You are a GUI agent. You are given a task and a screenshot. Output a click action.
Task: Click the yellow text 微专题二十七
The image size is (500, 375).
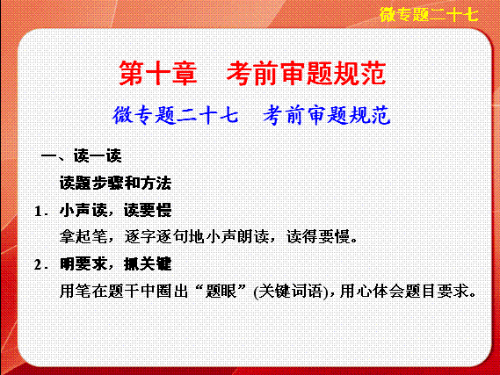coord(429,15)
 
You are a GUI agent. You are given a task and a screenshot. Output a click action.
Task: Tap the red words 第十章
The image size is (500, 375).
coord(158,74)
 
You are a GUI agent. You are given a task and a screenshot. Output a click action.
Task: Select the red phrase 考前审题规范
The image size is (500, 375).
coord(306,74)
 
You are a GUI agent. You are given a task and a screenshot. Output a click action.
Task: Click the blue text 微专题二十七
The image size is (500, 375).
coord(176,115)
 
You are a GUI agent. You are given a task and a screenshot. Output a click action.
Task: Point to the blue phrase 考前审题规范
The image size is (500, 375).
coord(327,115)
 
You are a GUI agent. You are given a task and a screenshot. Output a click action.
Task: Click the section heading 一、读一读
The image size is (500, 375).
coord(82,156)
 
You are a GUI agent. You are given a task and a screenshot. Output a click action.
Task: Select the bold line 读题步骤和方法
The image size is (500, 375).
coord(115,183)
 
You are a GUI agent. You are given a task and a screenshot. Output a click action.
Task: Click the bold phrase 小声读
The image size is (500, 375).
coord(83,210)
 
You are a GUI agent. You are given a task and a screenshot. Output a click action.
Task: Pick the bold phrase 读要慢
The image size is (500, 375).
coord(148,210)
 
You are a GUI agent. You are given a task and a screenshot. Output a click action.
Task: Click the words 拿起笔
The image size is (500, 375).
coord(83,237)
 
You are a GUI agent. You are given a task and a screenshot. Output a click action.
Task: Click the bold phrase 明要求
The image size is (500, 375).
coord(83,263)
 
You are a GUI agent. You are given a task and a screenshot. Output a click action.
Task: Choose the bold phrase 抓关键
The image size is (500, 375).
coord(148,263)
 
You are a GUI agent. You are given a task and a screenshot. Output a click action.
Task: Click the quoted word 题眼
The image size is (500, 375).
coord(221,291)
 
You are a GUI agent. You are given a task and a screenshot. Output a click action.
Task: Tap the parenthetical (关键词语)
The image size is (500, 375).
coord(291,292)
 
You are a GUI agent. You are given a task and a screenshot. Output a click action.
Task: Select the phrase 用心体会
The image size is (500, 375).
coord(372,291)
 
